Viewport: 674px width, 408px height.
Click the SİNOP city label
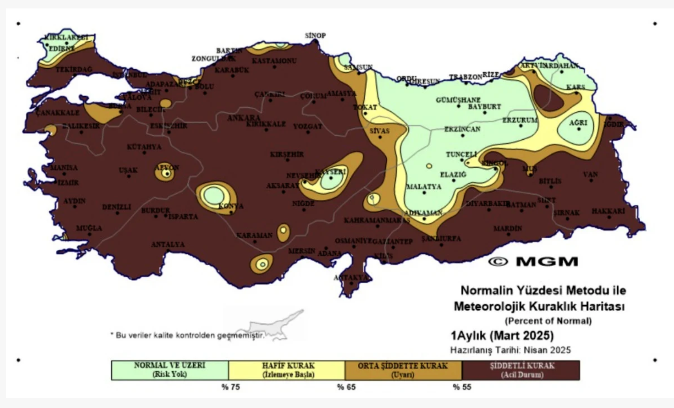pos(315,35)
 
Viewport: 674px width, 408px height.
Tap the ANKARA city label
pos(244,118)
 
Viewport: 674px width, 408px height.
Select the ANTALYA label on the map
pos(168,244)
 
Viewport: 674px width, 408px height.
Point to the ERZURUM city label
pos(520,120)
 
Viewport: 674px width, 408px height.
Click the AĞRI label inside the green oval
pos(578,122)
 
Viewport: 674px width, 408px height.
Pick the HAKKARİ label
pos(608,211)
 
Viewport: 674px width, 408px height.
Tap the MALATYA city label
pos(424,187)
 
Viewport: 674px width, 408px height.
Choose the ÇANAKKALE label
pos(57,113)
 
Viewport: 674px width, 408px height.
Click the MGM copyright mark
pos(533,262)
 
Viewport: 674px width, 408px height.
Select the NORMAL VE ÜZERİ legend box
pos(170,370)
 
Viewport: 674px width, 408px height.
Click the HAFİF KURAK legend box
pos(287,370)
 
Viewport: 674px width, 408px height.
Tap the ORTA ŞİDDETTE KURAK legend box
pos(403,370)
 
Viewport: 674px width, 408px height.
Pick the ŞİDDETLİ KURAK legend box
pos(521,370)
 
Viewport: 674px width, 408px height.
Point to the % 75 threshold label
pos(230,387)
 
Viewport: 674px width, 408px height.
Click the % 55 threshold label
pos(462,387)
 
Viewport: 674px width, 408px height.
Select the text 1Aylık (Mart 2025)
pos(502,335)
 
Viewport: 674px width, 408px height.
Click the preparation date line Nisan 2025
pos(510,350)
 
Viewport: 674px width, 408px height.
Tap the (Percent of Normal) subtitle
pos(548,321)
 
